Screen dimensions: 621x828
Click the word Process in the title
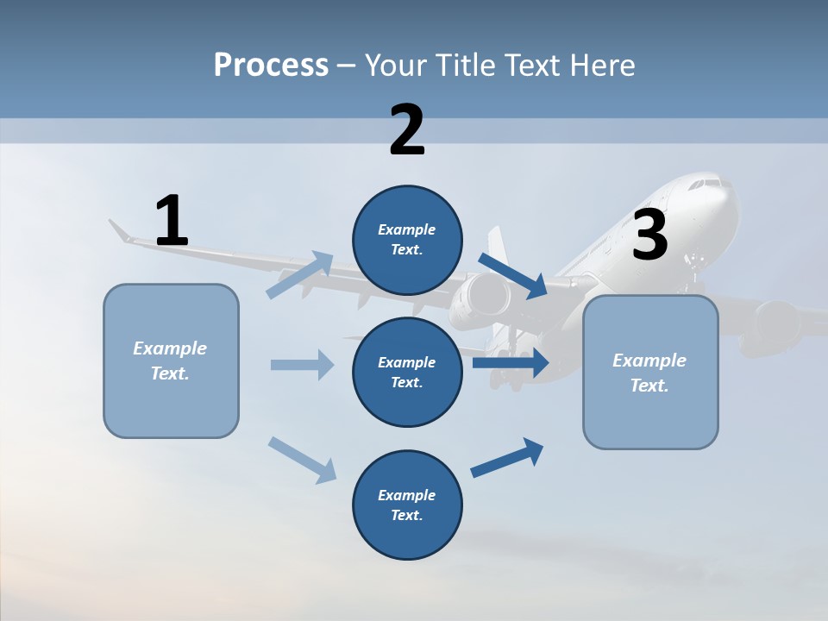(x=271, y=65)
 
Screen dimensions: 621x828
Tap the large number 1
(x=172, y=222)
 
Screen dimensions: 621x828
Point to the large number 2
(x=407, y=131)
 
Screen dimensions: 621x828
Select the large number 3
(x=649, y=235)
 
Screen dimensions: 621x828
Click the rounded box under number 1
(x=171, y=361)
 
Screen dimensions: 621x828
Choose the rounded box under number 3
(x=650, y=372)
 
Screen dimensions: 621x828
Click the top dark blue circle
(x=407, y=240)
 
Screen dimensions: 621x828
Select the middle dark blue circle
(x=407, y=372)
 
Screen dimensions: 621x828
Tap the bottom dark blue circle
(x=407, y=505)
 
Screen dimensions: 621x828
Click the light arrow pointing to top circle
(x=300, y=274)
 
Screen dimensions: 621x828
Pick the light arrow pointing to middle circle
(x=302, y=365)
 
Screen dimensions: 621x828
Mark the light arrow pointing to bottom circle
(x=302, y=459)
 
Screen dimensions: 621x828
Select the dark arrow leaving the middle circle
(x=511, y=362)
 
